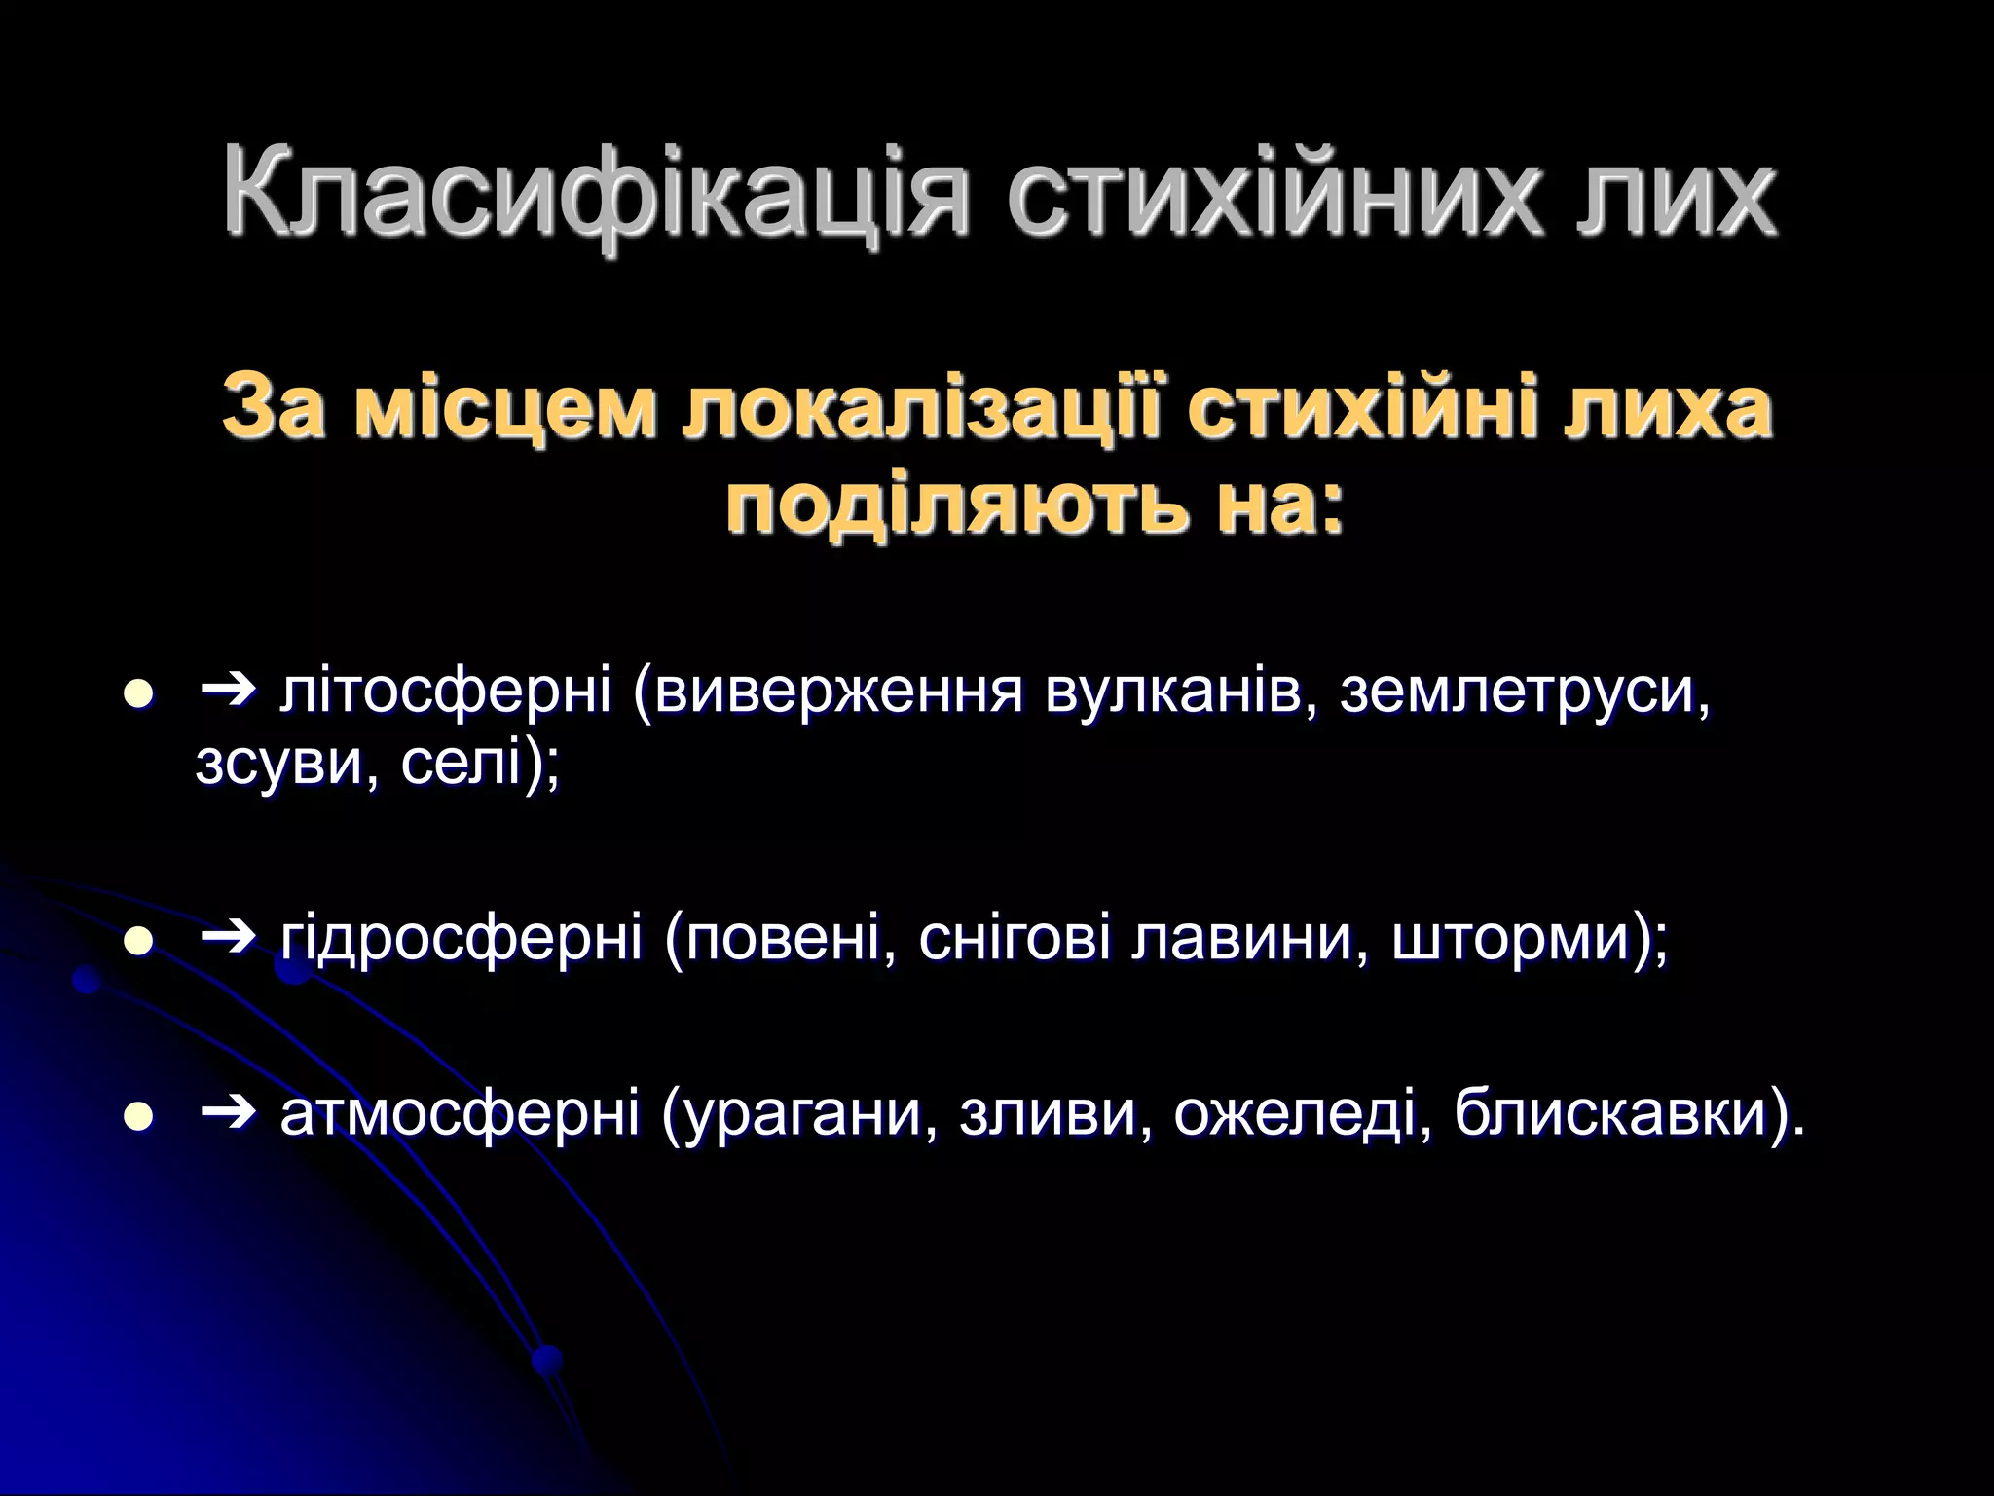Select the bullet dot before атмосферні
(140, 1117)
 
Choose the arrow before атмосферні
(228, 1114)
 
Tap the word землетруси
(1524, 692)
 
